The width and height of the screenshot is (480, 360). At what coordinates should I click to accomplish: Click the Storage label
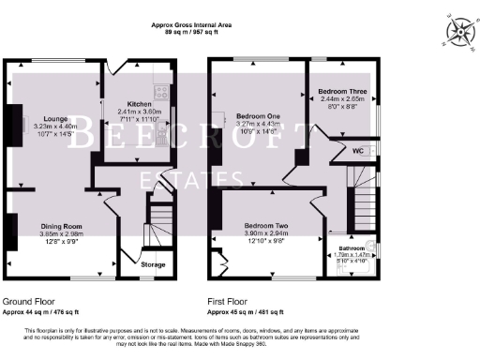tap(154, 265)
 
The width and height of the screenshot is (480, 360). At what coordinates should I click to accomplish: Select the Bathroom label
tap(352, 247)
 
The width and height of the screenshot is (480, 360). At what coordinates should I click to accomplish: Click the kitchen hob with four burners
tap(161, 94)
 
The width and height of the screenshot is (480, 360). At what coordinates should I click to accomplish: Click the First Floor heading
tap(232, 300)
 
